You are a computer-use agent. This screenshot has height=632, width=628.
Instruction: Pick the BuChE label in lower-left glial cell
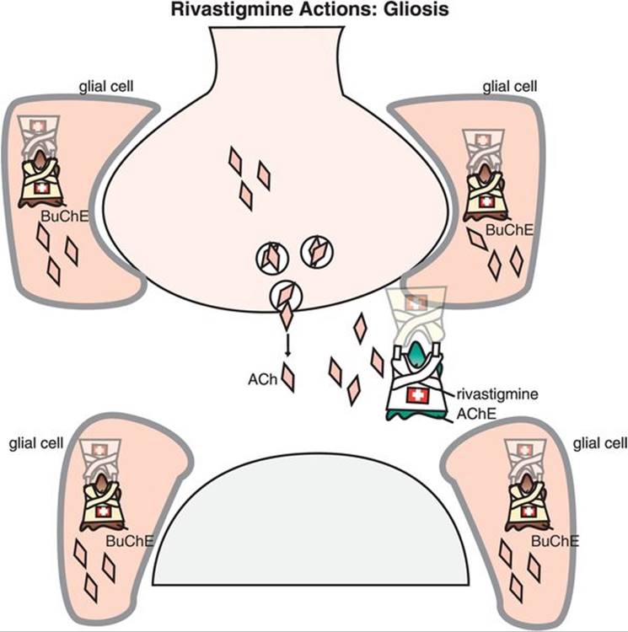(x=130, y=540)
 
